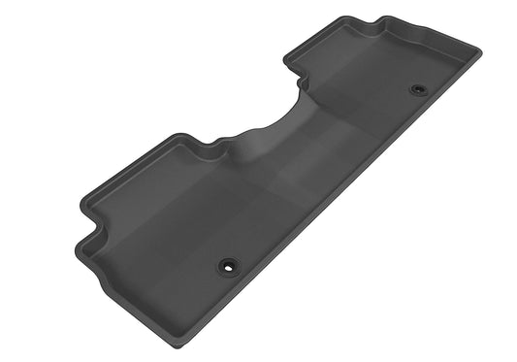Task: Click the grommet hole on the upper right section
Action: [x=418, y=89]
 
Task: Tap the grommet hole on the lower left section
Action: [x=227, y=263]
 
